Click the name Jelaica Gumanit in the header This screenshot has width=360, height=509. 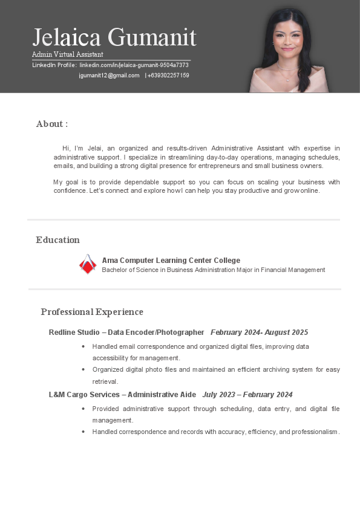coord(114,37)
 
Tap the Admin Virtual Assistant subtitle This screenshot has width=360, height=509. coord(67,54)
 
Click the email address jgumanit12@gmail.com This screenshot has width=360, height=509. coord(109,76)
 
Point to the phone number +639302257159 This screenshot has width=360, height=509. coord(168,76)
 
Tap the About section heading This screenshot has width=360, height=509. coord(52,124)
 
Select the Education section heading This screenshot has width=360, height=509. coord(57,240)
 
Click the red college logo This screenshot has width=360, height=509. coord(88,264)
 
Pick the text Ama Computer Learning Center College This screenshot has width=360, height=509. coord(171,261)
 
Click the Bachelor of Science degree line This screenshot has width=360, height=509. coord(213,270)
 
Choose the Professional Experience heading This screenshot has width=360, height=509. coord(92,312)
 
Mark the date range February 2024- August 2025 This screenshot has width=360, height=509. coord(259,332)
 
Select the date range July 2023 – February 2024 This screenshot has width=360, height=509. coord(247,395)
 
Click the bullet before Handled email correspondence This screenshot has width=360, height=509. coord(83,347)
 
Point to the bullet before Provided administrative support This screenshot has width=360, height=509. coord(83,409)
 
